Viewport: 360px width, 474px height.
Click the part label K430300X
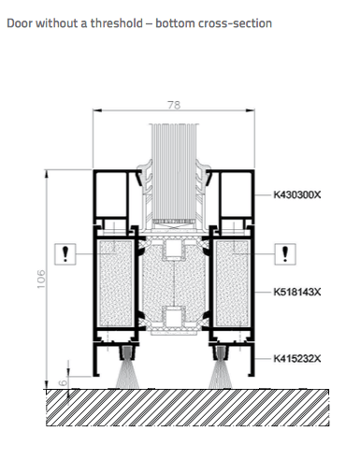[x=297, y=194]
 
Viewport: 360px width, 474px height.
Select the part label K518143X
[x=297, y=292]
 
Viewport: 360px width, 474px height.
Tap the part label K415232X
[x=297, y=359]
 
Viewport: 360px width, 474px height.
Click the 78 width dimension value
[x=174, y=105]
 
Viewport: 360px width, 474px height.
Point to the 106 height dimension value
[x=41, y=279]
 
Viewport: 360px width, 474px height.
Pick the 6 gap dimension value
[x=63, y=382]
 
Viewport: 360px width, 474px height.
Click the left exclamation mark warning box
[x=65, y=254]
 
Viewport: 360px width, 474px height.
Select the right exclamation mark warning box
[x=285, y=254]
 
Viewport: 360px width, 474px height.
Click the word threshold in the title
[x=117, y=23]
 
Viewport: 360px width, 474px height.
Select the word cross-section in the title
[x=231, y=23]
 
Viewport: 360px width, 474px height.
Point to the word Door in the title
[x=20, y=23]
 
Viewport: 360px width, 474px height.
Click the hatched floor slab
[x=188, y=408]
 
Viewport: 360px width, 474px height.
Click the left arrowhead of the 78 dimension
[x=97, y=110]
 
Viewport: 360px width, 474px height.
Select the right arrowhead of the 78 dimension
[x=251, y=110]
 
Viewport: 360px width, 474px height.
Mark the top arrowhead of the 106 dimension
[x=47, y=174]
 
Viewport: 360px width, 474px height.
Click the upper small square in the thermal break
[x=174, y=249]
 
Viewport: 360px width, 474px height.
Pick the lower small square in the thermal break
[x=174, y=317]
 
